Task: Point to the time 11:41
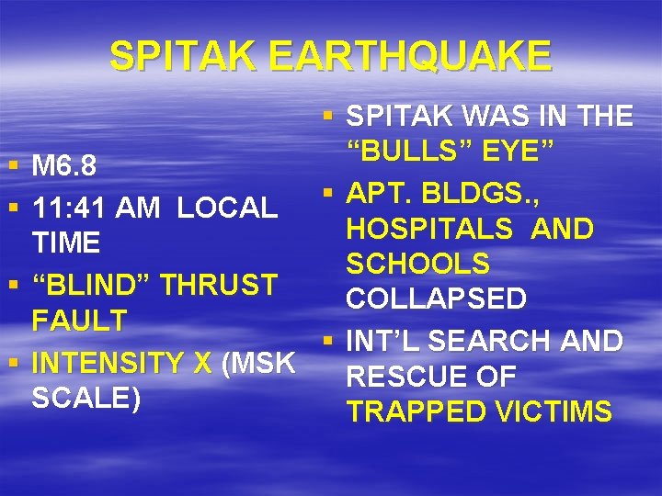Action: pos(69,208)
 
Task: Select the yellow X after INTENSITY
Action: pos(203,364)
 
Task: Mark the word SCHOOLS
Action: pos(417,265)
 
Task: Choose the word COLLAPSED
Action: pos(436,299)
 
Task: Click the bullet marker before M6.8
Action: pos(12,167)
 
